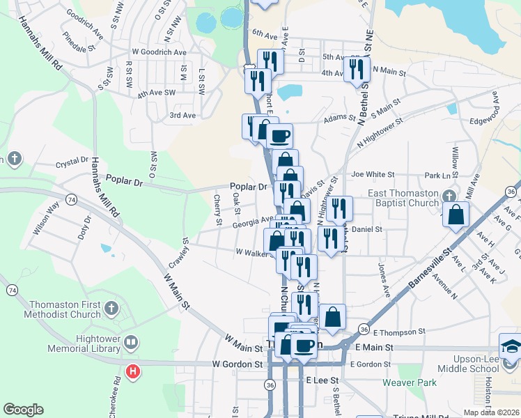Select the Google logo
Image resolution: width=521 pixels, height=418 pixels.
point(23,410)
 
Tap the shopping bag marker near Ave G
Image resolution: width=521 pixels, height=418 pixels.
point(456,215)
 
